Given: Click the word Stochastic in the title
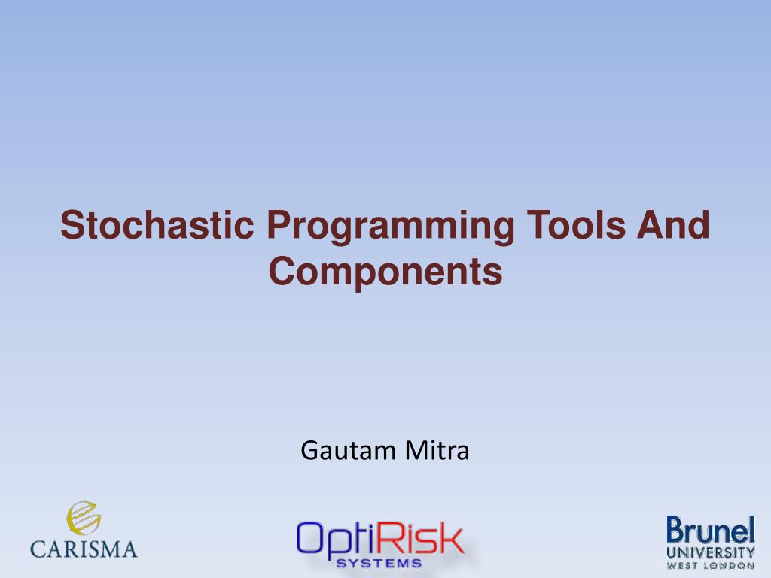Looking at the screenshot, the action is (157, 224).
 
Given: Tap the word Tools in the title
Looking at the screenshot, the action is (576, 224).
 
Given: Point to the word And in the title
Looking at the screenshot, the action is (673, 224).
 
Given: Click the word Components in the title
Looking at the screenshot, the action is (385, 272).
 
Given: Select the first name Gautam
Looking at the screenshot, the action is (348, 450).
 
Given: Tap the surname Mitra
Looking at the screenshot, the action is (437, 450).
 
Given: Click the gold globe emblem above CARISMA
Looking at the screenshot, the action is (83, 518).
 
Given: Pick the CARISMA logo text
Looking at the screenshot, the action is (84, 549).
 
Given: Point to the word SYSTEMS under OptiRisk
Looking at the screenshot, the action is (379, 563).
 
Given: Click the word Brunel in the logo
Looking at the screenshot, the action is (711, 531).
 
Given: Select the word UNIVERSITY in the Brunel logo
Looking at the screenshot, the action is (711, 553).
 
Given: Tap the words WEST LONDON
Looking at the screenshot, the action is (711, 566).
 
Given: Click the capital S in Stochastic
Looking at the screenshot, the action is (72, 224).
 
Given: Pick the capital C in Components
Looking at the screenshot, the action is (282, 271).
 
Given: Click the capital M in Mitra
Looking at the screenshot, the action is (416, 450).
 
